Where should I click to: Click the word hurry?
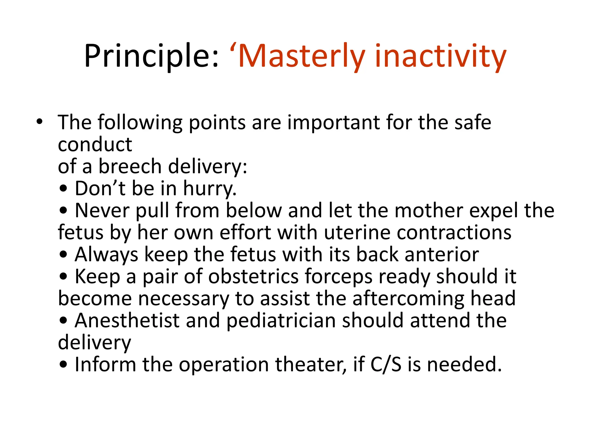pos(209,188)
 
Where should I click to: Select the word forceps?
pos(338,276)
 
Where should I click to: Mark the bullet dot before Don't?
pos(63,189)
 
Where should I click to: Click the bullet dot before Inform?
pos(63,365)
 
